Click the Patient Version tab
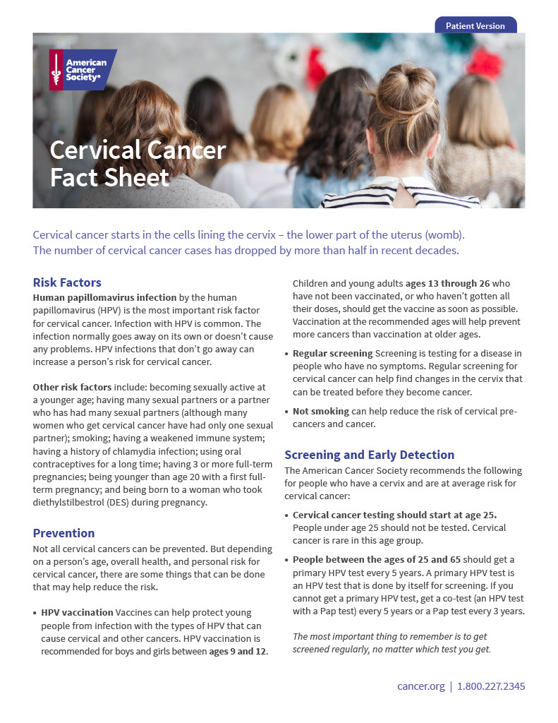coord(475,26)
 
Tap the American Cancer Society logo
coord(82,69)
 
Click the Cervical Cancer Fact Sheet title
coord(138,163)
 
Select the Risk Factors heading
coord(67,282)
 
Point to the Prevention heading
coord(63,533)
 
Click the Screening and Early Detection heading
coord(369,455)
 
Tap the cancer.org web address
coord(421,686)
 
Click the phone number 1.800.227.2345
coord(491,686)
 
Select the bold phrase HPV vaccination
coord(76,612)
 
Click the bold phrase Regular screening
coord(332,353)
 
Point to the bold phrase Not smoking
coord(321,411)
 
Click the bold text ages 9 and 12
coord(238,651)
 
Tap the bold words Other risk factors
coord(72,387)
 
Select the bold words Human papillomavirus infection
coord(105,297)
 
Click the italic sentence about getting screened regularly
coord(392,643)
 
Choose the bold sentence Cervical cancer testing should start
coord(394,515)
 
